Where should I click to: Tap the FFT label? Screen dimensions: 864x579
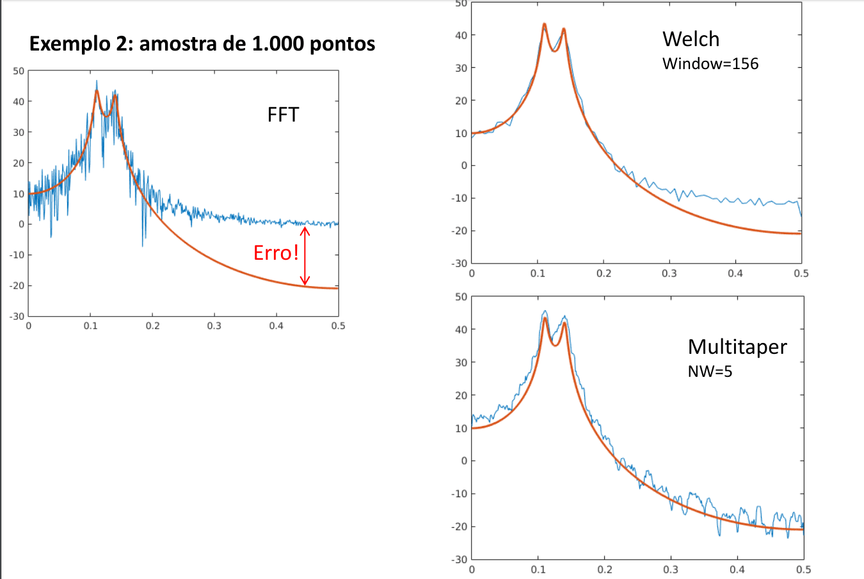pos(283,115)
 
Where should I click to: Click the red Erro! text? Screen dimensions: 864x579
pos(276,253)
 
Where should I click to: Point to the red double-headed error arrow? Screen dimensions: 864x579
pos(305,256)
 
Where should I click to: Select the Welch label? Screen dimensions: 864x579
pos(691,39)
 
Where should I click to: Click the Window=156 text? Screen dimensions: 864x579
pos(710,63)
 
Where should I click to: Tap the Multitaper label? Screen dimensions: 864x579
pos(737,347)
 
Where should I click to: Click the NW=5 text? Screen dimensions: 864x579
pos(710,371)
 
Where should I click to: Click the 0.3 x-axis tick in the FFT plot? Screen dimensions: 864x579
pos(214,326)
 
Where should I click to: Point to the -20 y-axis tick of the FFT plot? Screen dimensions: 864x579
pos(17,285)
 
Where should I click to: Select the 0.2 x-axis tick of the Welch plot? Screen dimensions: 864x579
pos(604,273)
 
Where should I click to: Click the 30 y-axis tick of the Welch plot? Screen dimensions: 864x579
pos(461,68)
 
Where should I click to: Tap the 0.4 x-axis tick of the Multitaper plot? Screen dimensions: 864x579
pos(737,569)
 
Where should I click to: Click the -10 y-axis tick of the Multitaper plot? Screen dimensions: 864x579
pos(459,494)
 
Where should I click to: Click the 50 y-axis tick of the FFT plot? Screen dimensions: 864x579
pos(19,71)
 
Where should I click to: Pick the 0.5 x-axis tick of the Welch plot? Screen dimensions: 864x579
pos(801,273)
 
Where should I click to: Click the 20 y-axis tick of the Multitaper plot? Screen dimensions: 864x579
pos(461,395)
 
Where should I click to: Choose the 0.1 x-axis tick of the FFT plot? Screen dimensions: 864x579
pos(91,326)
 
